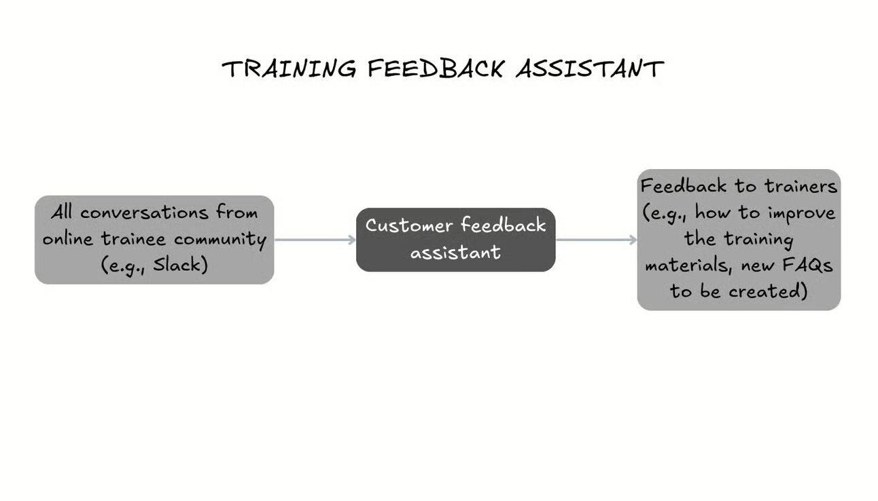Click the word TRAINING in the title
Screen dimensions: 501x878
289,69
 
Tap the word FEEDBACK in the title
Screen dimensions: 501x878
436,69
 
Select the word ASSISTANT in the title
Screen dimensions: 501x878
589,69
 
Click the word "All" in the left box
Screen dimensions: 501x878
63,212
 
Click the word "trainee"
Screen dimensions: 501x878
135,238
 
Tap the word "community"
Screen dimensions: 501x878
220,240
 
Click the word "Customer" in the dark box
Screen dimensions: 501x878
409,225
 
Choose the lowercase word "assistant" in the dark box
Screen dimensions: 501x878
455,252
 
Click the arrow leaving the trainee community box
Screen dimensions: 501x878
315,240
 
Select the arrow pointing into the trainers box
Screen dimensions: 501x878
596,240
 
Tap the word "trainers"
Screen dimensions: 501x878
801,185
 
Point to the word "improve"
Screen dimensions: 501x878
801,212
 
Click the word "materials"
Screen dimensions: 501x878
687,265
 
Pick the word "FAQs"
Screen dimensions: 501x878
808,265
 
